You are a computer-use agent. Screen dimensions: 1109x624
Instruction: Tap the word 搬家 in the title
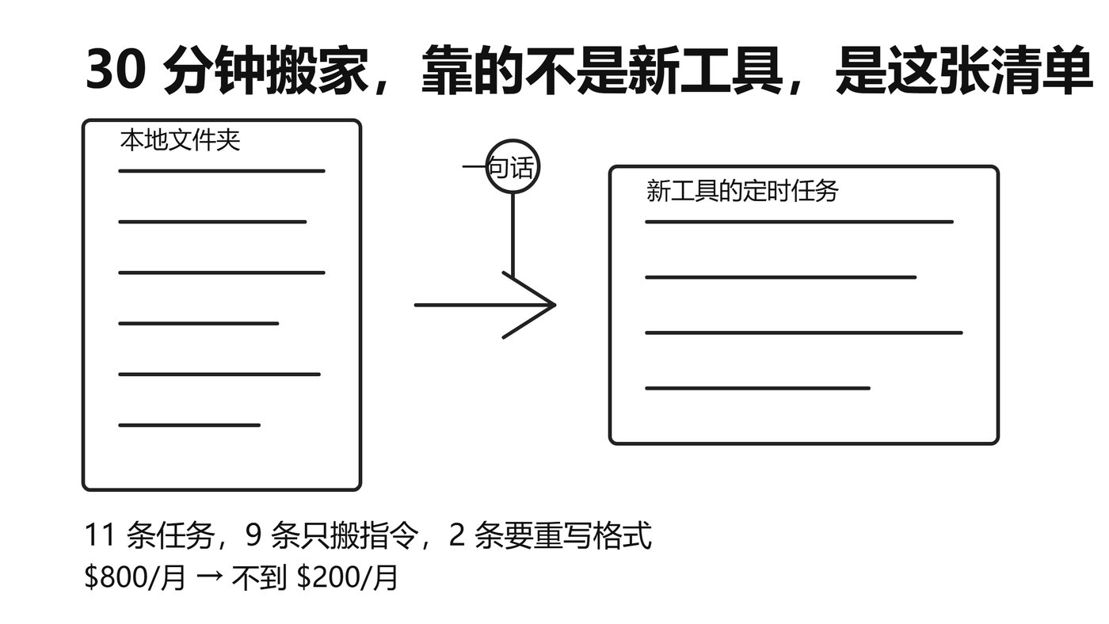[x=318, y=70]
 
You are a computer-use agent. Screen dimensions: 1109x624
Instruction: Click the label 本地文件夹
[x=181, y=140]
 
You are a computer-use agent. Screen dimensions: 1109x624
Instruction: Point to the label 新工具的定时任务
[x=742, y=191]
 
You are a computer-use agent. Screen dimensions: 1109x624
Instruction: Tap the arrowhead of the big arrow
[x=554, y=305]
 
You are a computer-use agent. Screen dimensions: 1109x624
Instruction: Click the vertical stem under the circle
[x=513, y=235]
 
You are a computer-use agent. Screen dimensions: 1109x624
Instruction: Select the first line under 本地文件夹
[x=222, y=171]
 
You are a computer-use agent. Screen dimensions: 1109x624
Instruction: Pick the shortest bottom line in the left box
[x=189, y=425]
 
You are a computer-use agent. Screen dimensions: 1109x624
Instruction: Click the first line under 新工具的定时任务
[x=799, y=223]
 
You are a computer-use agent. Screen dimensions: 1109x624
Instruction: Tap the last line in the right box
[x=757, y=389]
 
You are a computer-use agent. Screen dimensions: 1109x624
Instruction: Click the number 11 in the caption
[x=100, y=535]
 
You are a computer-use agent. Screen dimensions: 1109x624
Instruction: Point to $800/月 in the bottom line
[x=135, y=577]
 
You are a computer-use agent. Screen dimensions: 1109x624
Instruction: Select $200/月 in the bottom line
[x=347, y=577]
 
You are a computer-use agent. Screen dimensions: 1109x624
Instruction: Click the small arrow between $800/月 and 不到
[x=209, y=576]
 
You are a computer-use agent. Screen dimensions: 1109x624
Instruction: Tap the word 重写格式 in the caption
[x=593, y=535]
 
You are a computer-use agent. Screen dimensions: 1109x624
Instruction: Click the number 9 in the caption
[x=253, y=535]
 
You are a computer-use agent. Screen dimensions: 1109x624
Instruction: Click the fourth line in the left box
[x=199, y=324]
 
